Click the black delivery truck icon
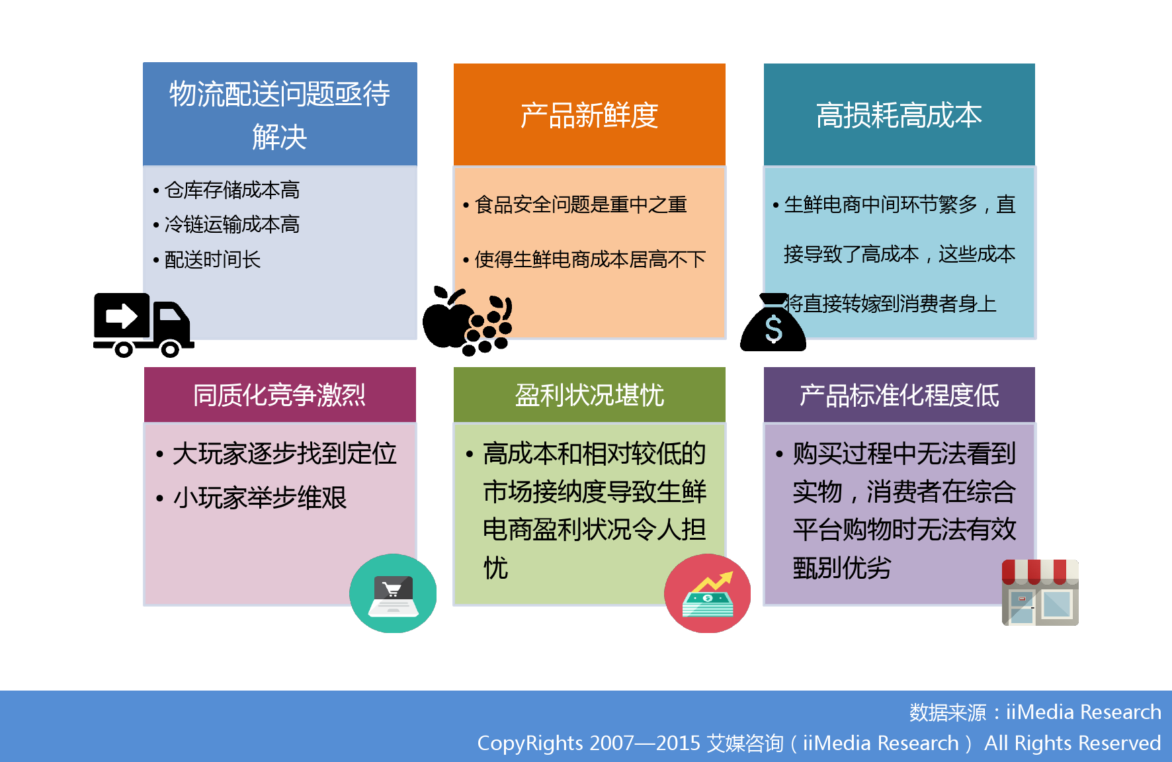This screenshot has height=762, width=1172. (144, 325)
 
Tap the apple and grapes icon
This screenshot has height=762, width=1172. (468, 321)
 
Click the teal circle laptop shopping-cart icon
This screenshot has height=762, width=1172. (393, 593)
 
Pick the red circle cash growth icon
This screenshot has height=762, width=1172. (708, 593)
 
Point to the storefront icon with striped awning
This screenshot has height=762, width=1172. (1040, 593)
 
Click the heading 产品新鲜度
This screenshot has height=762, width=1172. (589, 115)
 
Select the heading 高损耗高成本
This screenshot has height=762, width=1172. (899, 115)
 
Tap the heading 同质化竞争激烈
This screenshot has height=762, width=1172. (279, 396)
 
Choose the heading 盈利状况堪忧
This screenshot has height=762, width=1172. (589, 396)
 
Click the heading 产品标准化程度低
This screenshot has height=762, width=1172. (899, 396)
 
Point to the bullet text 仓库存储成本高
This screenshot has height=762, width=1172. (232, 190)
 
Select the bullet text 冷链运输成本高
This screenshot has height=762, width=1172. (232, 224)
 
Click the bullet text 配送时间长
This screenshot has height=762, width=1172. (212, 259)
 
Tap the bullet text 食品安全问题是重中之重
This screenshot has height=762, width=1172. (581, 204)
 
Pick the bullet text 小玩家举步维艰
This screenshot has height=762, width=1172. (260, 497)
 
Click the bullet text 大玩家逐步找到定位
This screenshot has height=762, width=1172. (284, 454)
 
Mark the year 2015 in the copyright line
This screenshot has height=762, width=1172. (679, 743)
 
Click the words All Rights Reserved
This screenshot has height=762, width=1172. (1072, 743)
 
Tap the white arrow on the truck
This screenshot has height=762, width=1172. (122, 316)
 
